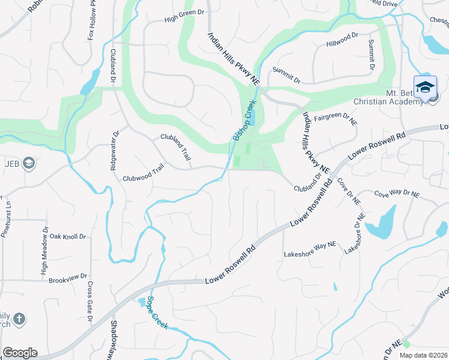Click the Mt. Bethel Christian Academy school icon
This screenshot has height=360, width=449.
[x=425, y=87]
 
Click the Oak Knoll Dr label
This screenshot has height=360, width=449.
[x=68, y=236]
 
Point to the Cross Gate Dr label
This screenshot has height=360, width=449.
[x=89, y=301]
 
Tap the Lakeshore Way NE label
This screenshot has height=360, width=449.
[x=310, y=254]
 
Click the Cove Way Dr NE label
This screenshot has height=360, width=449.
[x=397, y=194]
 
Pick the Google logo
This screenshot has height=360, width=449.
[x=20, y=353]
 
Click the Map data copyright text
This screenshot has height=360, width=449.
[x=424, y=355]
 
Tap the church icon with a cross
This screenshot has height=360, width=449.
[x=19, y=319]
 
